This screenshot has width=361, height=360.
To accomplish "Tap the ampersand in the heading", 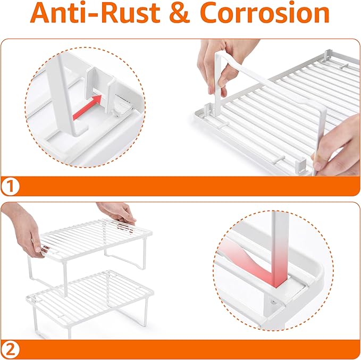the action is point(180,13).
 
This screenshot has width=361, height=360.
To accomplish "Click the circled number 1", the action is point(10,186).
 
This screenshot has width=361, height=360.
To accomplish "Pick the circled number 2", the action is point(10,350).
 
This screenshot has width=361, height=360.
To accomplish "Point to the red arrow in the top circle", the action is point(87,107).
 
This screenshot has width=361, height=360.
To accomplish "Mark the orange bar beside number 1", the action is point(189,186).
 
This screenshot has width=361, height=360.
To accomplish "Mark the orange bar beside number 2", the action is point(189,349).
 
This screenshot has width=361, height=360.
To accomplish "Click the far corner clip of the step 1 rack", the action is point(328,56).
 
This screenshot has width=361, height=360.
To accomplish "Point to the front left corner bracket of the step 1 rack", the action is point(208,110).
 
